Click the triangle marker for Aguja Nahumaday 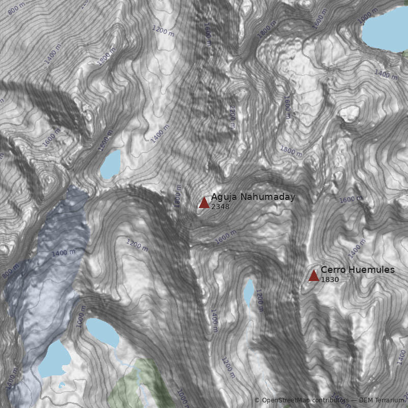click(x=204, y=203)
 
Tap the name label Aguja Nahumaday click(x=253, y=197)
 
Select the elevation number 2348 click(x=220, y=207)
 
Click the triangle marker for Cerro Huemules click(x=314, y=275)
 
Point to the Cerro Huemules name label click(x=358, y=269)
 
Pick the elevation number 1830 click(x=330, y=279)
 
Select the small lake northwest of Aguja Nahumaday click(x=111, y=164)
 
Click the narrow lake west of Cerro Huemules click(x=248, y=292)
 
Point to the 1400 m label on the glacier click(x=63, y=252)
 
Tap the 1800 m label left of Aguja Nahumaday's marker click(x=178, y=196)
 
